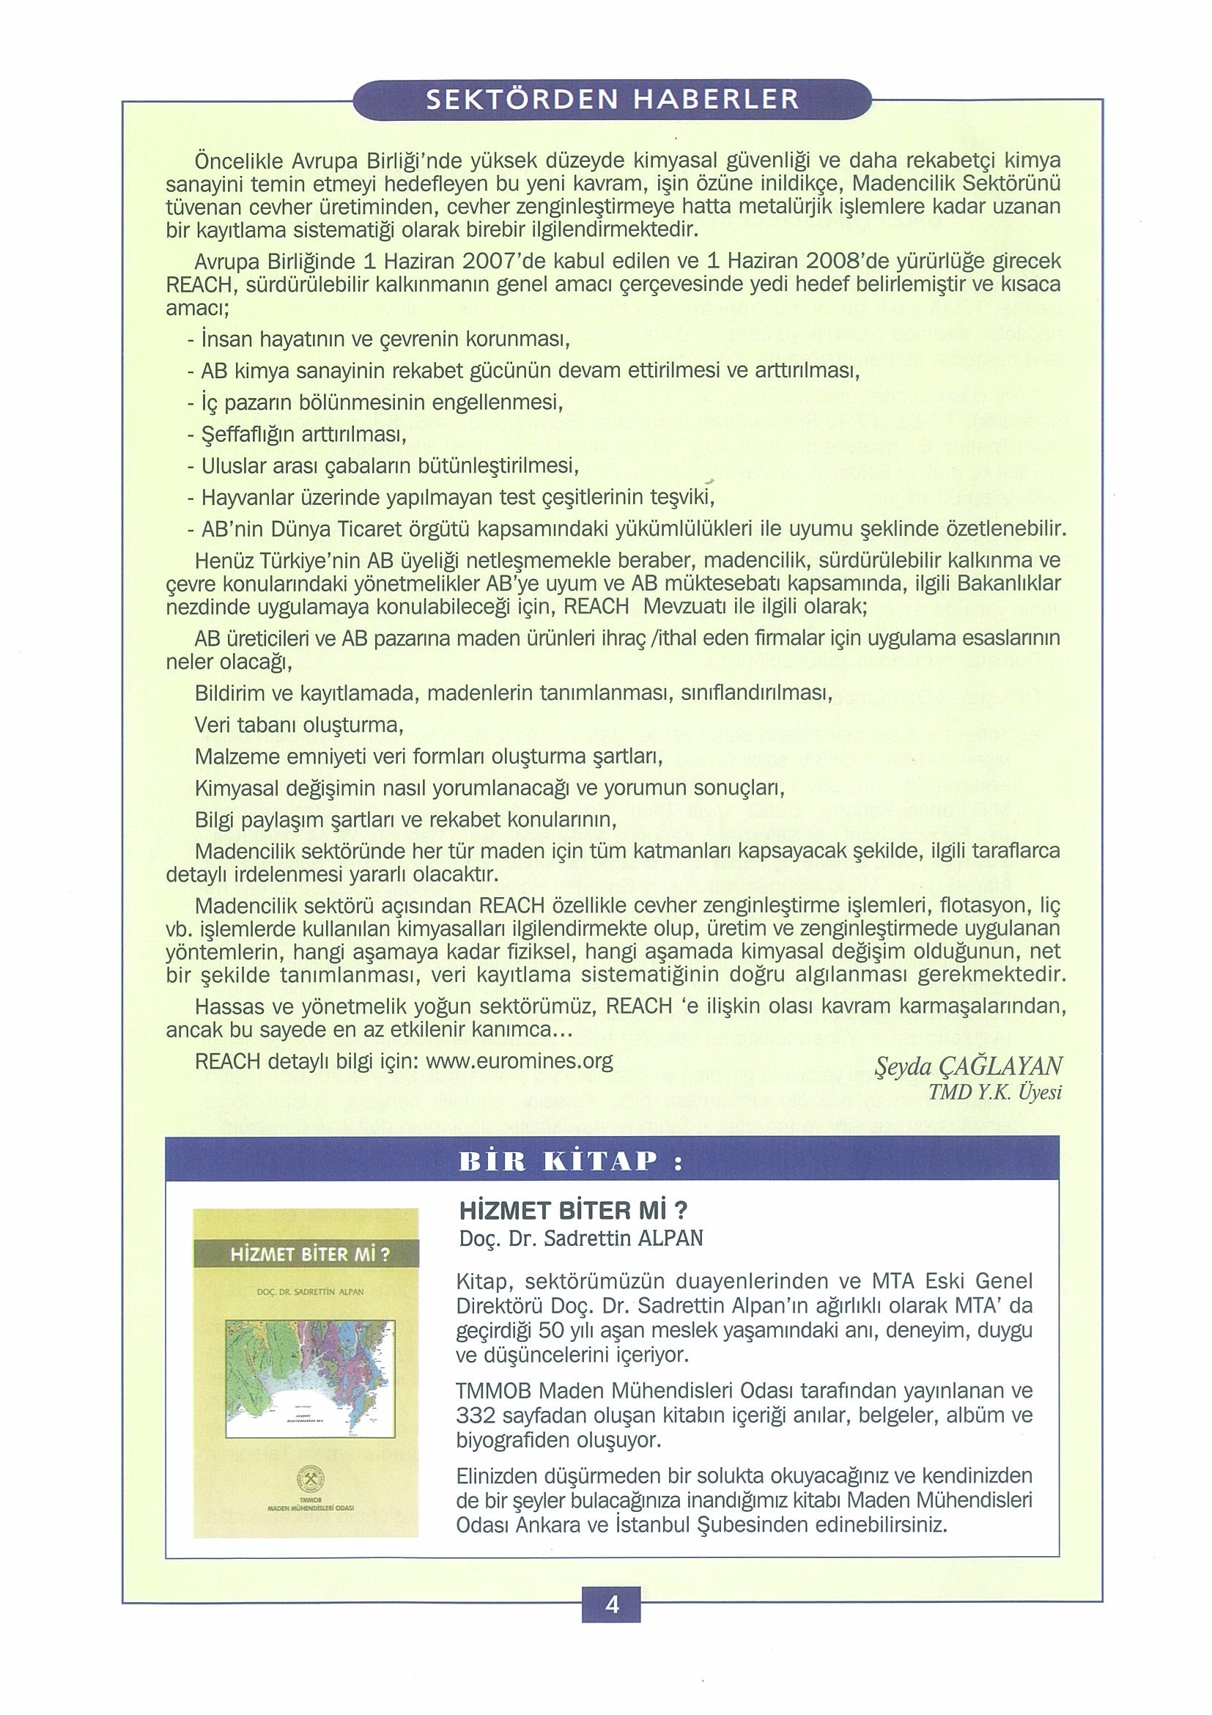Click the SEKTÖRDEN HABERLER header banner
pyautogui.click(x=612, y=101)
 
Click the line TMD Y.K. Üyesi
pyautogui.click(x=994, y=1092)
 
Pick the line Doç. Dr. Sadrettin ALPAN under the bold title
pyautogui.click(x=581, y=1238)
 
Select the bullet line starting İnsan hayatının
pyautogui.click(x=380, y=341)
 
